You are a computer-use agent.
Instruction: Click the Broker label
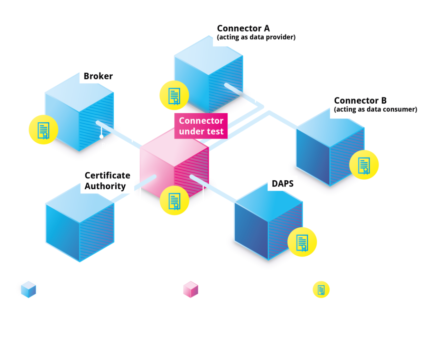point(98,76)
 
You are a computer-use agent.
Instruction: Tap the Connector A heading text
point(243,28)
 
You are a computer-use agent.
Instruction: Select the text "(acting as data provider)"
point(256,37)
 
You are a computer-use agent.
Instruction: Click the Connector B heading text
point(360,101)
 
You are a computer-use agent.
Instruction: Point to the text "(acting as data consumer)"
point(375,110)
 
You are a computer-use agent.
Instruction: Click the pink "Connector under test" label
point(201,126)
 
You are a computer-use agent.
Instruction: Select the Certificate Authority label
point(107,181)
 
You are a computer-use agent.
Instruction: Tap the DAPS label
point(282,183)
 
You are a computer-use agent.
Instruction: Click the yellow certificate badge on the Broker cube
point(44,130)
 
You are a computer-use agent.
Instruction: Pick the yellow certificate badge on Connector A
point(174,95)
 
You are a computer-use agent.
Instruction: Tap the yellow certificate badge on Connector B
point(364,165)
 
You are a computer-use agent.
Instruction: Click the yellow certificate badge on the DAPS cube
point(302,242)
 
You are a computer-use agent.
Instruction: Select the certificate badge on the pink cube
point(174,200)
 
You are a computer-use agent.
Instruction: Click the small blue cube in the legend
point(28,290)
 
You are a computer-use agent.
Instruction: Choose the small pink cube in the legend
point(191,290)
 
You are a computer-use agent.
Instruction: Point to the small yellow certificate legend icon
point(321,290)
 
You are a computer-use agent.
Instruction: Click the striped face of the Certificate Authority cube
point(97,232)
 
